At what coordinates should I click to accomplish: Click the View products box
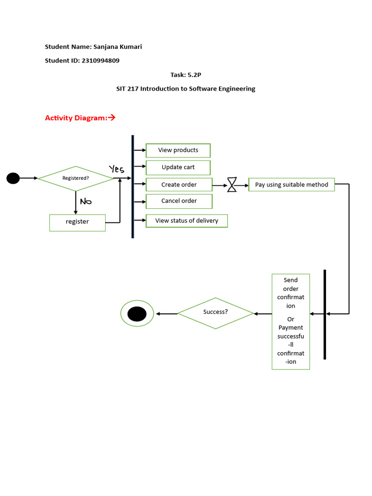(x=178, y=151)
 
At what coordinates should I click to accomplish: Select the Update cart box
(x=178, y=168)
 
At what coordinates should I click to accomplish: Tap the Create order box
(x=179, y=185)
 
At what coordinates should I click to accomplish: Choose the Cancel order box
(x=179, y=201)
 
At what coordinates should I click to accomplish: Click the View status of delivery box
(x=186, y=221)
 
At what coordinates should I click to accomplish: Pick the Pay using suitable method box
(x=291, y=185)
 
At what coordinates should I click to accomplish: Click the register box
(x=77, y=222)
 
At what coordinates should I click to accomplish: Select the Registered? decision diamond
(x=76, y=178)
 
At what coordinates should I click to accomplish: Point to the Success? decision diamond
(x=216, y=313)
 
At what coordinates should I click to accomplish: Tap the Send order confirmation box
(x=291, y=321)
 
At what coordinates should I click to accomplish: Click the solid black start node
(x=13, y=178)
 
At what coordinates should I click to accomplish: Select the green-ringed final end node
(x=137, y=314)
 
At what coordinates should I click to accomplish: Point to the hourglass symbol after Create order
(x=232, y=185)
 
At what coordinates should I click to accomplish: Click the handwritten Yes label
(x=117, y=169)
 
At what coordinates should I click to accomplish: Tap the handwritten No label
(x=86, y=201)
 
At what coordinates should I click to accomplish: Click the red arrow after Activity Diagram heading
(x=111, y=118)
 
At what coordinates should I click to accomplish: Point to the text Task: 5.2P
(x=186, y=75)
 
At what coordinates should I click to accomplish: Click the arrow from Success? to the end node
(x=167, y=314)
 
